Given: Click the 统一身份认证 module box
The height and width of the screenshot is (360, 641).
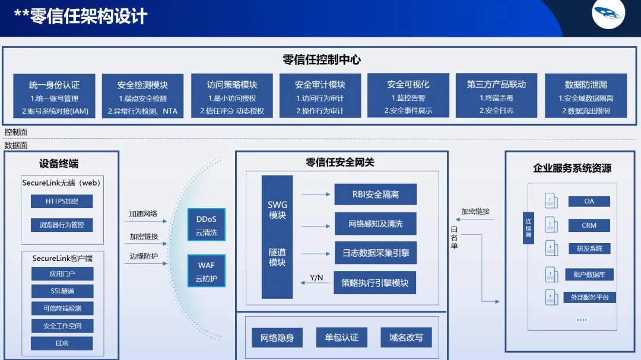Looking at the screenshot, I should coord(54,97).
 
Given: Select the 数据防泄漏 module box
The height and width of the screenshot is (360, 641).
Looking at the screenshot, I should coord(586,97).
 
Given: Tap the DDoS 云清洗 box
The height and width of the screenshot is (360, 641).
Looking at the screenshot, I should coord(207,225).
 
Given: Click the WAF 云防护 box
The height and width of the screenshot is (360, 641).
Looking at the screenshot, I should coord(207,271).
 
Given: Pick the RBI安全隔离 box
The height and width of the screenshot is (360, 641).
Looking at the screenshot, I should coord(375,195).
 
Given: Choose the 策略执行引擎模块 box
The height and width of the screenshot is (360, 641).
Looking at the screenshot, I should coord(375,283).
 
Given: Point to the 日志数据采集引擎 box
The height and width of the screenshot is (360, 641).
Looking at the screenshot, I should coord(375,253).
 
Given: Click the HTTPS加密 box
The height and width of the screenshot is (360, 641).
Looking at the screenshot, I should coord(62,202).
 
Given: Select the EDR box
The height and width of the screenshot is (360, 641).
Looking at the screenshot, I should coord(62,343).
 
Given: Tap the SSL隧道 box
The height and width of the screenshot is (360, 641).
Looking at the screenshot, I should coord(62,291).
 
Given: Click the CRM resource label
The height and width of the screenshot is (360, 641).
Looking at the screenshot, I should coord(589,225).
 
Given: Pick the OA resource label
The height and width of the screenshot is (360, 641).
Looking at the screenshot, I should coord(589,201).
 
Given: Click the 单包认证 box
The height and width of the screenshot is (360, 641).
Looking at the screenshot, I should coord(341,337).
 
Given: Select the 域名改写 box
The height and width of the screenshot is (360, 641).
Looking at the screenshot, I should coord(406,337).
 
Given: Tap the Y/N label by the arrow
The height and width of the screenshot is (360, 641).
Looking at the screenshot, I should coord(317,278).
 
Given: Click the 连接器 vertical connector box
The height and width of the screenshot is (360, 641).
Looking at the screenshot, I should coord(528,228).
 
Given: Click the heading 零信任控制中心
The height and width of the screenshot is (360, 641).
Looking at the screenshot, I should coord(322,60).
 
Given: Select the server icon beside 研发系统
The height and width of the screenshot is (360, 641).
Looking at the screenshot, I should coord(551,249).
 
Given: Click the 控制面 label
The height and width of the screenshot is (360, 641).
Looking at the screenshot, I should coord(16,132).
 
